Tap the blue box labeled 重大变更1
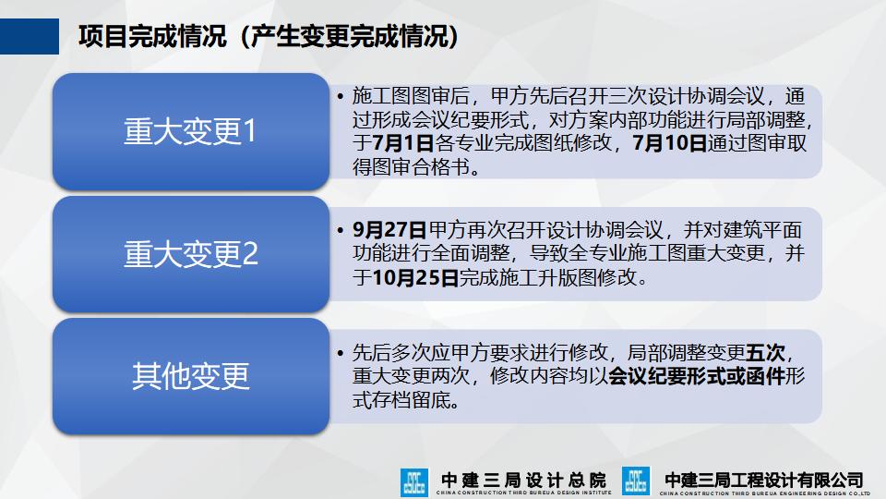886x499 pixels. coord(189,132)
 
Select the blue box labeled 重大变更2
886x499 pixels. coord(189,254)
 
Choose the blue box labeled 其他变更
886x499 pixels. coord(189,376)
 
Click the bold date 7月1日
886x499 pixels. coord(403,143)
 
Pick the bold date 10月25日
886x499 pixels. coord(415,277)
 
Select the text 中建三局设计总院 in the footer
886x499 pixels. coord(523,481)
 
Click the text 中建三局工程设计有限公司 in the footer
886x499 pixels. coord(764,480)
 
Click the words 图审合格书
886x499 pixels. coord(416,167)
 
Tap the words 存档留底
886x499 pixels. coord(406,401)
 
